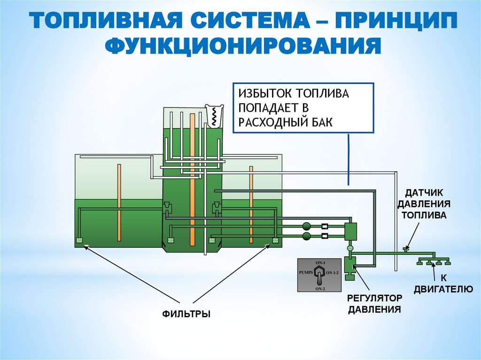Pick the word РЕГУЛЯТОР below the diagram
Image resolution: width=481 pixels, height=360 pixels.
pyautogui.click(x=374, y=299)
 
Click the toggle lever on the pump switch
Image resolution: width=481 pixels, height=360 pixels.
pyautogui.click(x=319, y=274)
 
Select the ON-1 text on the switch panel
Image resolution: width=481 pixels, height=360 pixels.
pyautogui.click(x=319, y=262)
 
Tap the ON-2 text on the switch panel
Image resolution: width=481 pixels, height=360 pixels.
pyautogui.click(x=319, y=289)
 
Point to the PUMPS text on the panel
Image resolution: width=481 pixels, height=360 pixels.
pyautogui.click(x=306, y=272)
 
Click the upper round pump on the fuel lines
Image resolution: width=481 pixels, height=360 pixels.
pyautogui.click(x=307, y=226)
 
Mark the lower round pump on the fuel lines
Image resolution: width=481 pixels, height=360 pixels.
pyautogui.click(x=307, y=235)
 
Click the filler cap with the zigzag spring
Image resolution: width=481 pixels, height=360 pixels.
pyautogui.click(x=214, y=115)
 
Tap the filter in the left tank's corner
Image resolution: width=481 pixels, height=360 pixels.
pyautogui.click(x=79, y=241)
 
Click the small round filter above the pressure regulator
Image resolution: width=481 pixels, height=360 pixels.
pyautogui.click(x=350, y=248)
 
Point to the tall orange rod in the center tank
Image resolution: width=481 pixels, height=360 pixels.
pyautogui.click(x=192, y=178)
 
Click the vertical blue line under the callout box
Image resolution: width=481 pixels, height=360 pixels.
pyautogui.click(x=349, y=160)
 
